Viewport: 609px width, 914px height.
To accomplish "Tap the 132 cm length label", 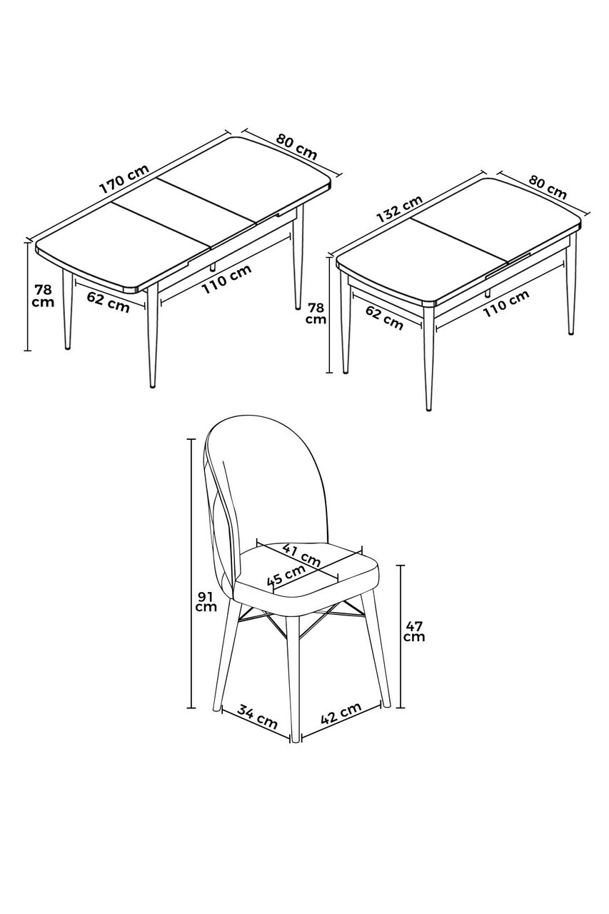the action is [399, 209].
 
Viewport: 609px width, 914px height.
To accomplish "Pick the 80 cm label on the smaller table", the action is [548, 186].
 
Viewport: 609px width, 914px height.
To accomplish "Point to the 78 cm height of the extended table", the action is [44, 296].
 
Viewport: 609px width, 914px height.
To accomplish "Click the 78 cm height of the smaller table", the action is [316, 313].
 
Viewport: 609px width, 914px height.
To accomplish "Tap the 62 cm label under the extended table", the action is [108, 301].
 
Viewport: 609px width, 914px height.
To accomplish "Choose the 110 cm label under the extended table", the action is [226, 278].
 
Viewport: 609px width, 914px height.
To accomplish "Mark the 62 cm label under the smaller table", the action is [384, 318].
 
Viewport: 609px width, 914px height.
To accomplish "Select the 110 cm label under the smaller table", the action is [506, 303].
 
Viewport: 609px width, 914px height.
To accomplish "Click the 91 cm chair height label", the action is [206, 602].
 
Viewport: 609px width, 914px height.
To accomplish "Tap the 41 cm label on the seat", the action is [301, 556].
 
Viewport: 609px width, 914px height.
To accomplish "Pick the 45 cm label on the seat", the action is [286, 575].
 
